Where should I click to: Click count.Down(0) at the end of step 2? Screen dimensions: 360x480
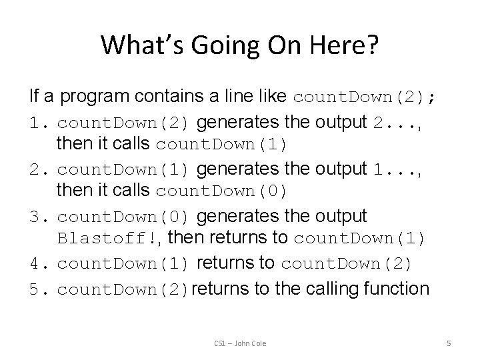point(222,193)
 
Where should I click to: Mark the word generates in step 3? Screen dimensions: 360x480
point(240,217)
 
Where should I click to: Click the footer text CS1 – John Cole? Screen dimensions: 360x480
point(240,343)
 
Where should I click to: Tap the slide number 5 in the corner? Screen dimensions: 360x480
point(449,343)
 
